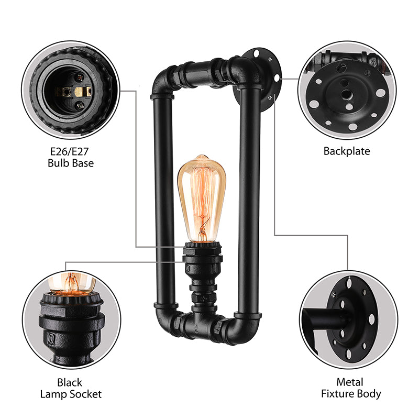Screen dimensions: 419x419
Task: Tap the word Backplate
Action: (x=346, y=151)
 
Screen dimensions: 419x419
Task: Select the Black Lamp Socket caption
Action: (x=70, y=388)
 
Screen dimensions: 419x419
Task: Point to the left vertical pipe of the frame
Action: (x=162, y=199)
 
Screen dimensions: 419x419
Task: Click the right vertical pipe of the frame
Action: (x=248, y=199)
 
